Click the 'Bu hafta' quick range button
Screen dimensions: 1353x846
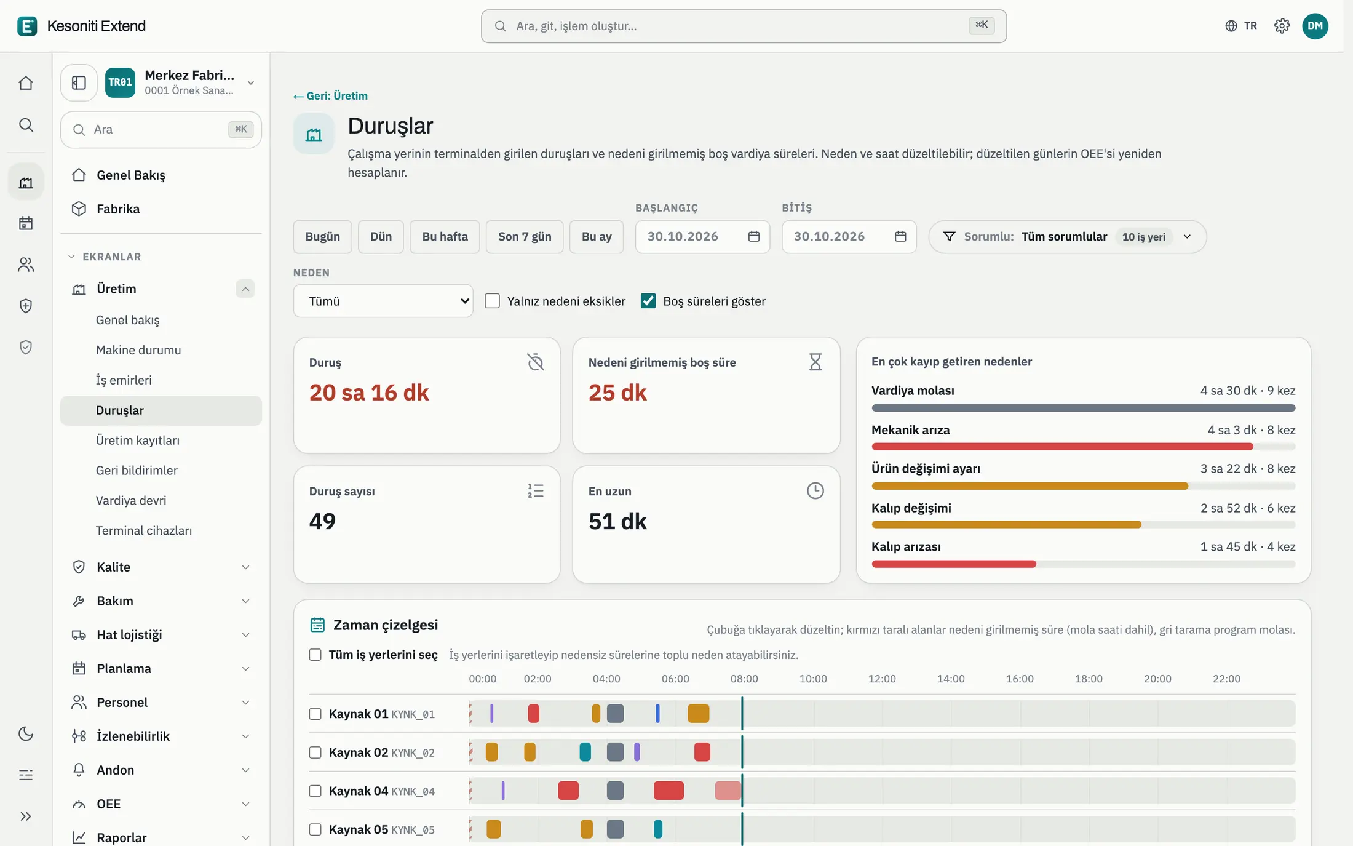click(x=445, y=237)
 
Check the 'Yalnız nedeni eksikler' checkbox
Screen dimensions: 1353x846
click(x=492, y=301)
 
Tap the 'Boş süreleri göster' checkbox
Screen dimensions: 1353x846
click(x=648, y=301)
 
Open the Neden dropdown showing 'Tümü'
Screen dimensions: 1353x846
click(x=383, y=301)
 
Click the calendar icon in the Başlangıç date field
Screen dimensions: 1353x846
click(x=754, y=237)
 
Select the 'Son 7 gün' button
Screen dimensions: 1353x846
click(x=525, y=237)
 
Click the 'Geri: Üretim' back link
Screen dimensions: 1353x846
click(x=330, y=96)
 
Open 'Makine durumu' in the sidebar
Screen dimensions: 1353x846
click(x=138, y=350)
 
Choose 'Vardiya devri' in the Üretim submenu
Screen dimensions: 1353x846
click(x=131, y=501)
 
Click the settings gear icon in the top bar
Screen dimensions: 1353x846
click(x=1282, y=26)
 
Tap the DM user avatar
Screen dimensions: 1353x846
click(x=1315, y=26)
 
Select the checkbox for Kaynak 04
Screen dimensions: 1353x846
click(x=315, y=791)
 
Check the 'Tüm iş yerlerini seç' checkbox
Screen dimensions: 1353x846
click(x=315, y=655)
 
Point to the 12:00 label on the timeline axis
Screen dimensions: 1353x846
click(x=882, y=679)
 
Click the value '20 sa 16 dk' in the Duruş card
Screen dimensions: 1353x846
click(x=369, y=393)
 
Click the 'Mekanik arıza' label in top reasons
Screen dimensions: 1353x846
click(x=910, y=430)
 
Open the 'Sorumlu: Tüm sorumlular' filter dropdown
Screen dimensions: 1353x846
click(x=1067, y=237)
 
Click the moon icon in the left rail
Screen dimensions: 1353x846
click(x=26, y=733)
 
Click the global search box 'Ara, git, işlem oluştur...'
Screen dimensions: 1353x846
click(x=744, y=26)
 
